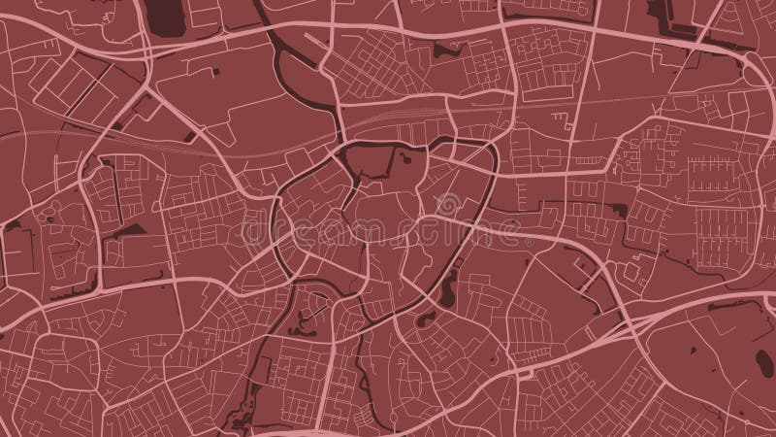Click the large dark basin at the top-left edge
pyautogui.click(x=170, y=14)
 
